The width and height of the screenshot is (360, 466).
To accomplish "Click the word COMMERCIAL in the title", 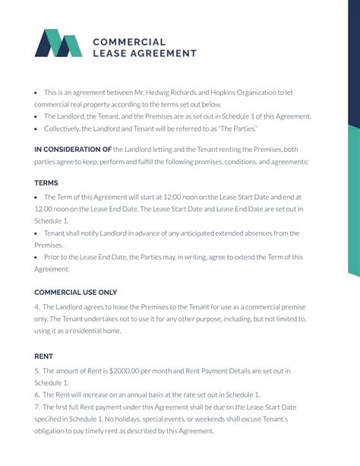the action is click(128, 41).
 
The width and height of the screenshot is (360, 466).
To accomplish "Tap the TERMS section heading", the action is click(46, 183).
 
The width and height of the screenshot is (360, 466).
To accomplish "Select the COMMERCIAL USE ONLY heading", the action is click(76, 293).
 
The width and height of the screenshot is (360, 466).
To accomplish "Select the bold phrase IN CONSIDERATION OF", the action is click(73, 150).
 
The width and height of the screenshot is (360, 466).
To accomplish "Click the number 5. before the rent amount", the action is click(37, 371).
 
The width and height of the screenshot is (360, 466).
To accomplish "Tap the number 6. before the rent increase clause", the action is click(37, 395).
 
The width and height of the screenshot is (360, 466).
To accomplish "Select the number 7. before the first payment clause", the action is click(37, 407).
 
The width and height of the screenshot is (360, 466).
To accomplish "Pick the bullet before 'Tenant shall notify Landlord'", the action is click(36, 233).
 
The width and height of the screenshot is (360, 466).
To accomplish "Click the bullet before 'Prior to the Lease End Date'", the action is click(36, 257).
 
